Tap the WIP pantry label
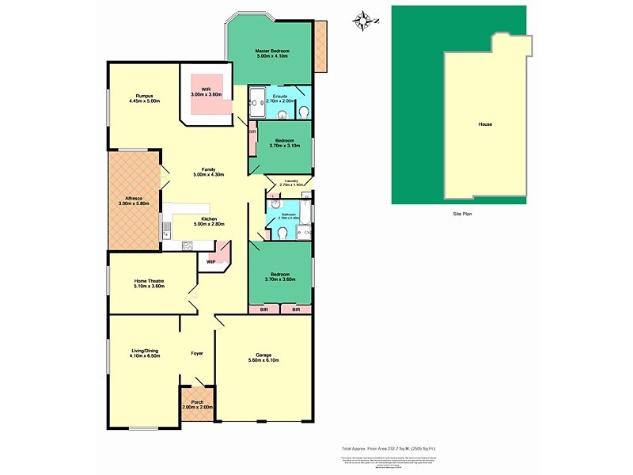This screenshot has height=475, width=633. pos(210,261)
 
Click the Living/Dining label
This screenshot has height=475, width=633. pos(144,353)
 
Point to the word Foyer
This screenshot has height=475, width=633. pos(198,354)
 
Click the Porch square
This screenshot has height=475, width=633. pos(197,405)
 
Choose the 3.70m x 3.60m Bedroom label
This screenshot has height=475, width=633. pos(279,277)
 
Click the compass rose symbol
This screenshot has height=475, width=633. pos(363,19)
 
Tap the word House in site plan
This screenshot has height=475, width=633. pos(485,125)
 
